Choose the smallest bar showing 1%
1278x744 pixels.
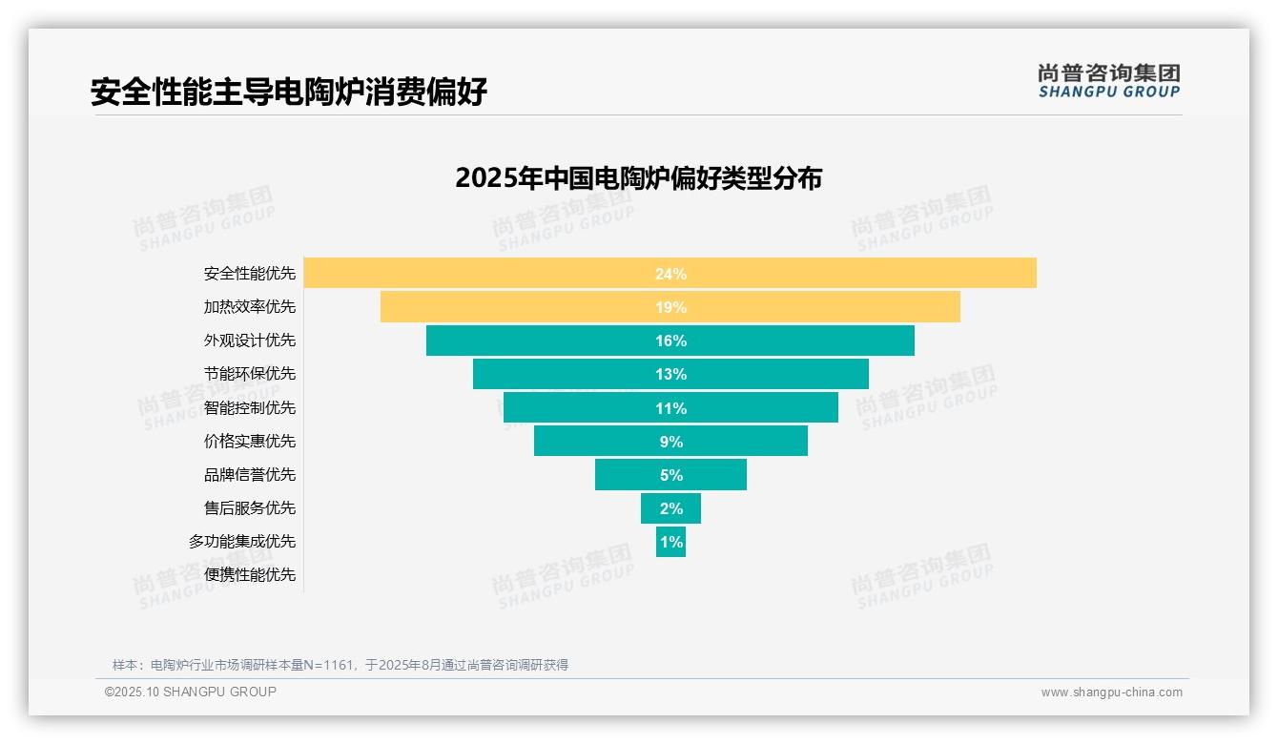(x=670, y=542)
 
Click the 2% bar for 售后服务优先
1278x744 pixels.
(x=670, y=508)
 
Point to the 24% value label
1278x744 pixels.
(x=670, y=274)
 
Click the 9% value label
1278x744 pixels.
(x=670, y=442)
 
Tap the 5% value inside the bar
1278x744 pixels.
(x=670, y=475)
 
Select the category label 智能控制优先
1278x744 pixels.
(x=250, y=407)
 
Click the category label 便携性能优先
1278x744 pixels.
(x=250, y=574)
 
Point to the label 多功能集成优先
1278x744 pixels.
(x=242, y=541)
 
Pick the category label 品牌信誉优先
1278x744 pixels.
(x=250, y=474)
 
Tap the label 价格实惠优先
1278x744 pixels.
(x=250, y=441)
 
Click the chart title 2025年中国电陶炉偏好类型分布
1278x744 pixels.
(x=638, y=178)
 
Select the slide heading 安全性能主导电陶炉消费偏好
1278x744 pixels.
(x=289, y=92)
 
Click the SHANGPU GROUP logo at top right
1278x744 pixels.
(x=1108, y=81)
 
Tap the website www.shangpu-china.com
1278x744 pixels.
(x=1111, y=692)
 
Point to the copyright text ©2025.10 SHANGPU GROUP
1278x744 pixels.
(x=191, y=692)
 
